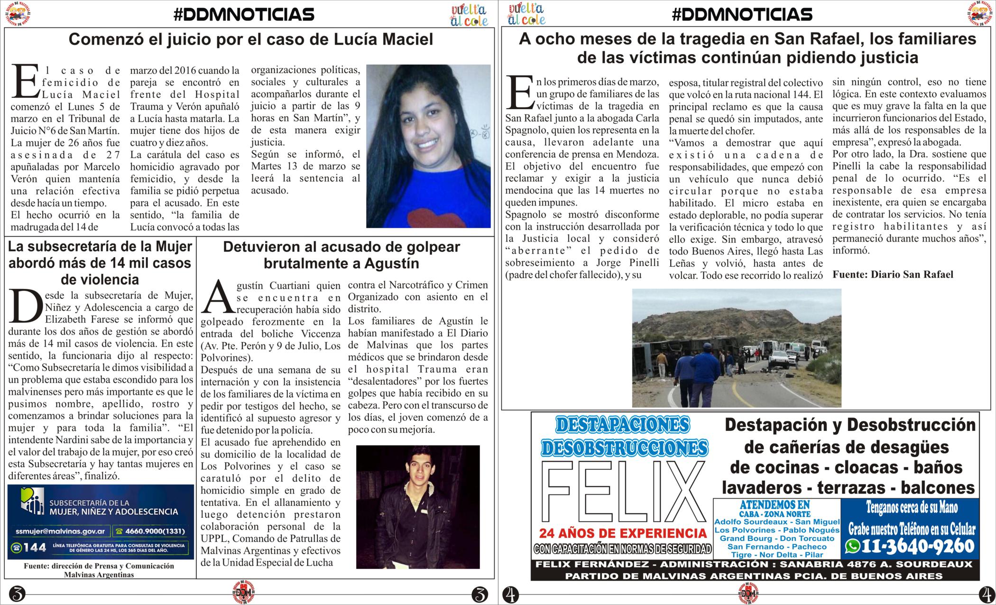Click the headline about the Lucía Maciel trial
pos(250,39)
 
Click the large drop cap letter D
pos(25,306)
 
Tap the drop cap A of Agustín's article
pos(218,297)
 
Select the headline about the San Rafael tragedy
pos(747,48)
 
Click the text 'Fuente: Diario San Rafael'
pos(893,274)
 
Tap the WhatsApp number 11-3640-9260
pos(917,546)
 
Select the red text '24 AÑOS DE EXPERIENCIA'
pos(622,533)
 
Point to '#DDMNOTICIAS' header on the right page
pos(742,15)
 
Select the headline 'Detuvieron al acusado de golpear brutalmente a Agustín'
pos(341,255)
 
